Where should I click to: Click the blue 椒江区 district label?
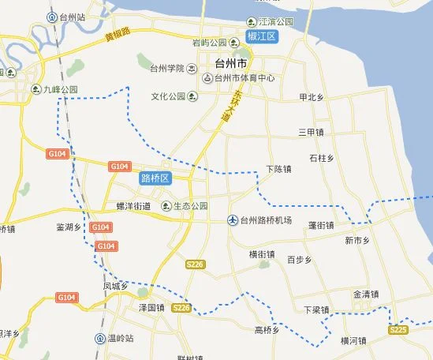click(x=260, y=37)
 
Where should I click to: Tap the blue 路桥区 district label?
click(x=155, y=178)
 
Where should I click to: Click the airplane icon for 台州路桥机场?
click(x=233, y=219)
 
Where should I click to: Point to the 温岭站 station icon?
click(x=100, y=339)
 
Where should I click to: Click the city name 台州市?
click(x=230, y=62)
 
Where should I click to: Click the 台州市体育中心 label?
click(x=241, y=77)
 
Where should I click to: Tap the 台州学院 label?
click(x=166, y=68)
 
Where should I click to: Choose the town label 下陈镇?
click(x=279, y=169)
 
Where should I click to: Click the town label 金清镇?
click(x=367, y=294)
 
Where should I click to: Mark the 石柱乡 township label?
click(x=323, y=158)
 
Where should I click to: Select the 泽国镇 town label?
click(x=150, y=306)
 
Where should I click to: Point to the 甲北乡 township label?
click(x=313, y=98)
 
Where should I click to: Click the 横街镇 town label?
click(x=262, y=254)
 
